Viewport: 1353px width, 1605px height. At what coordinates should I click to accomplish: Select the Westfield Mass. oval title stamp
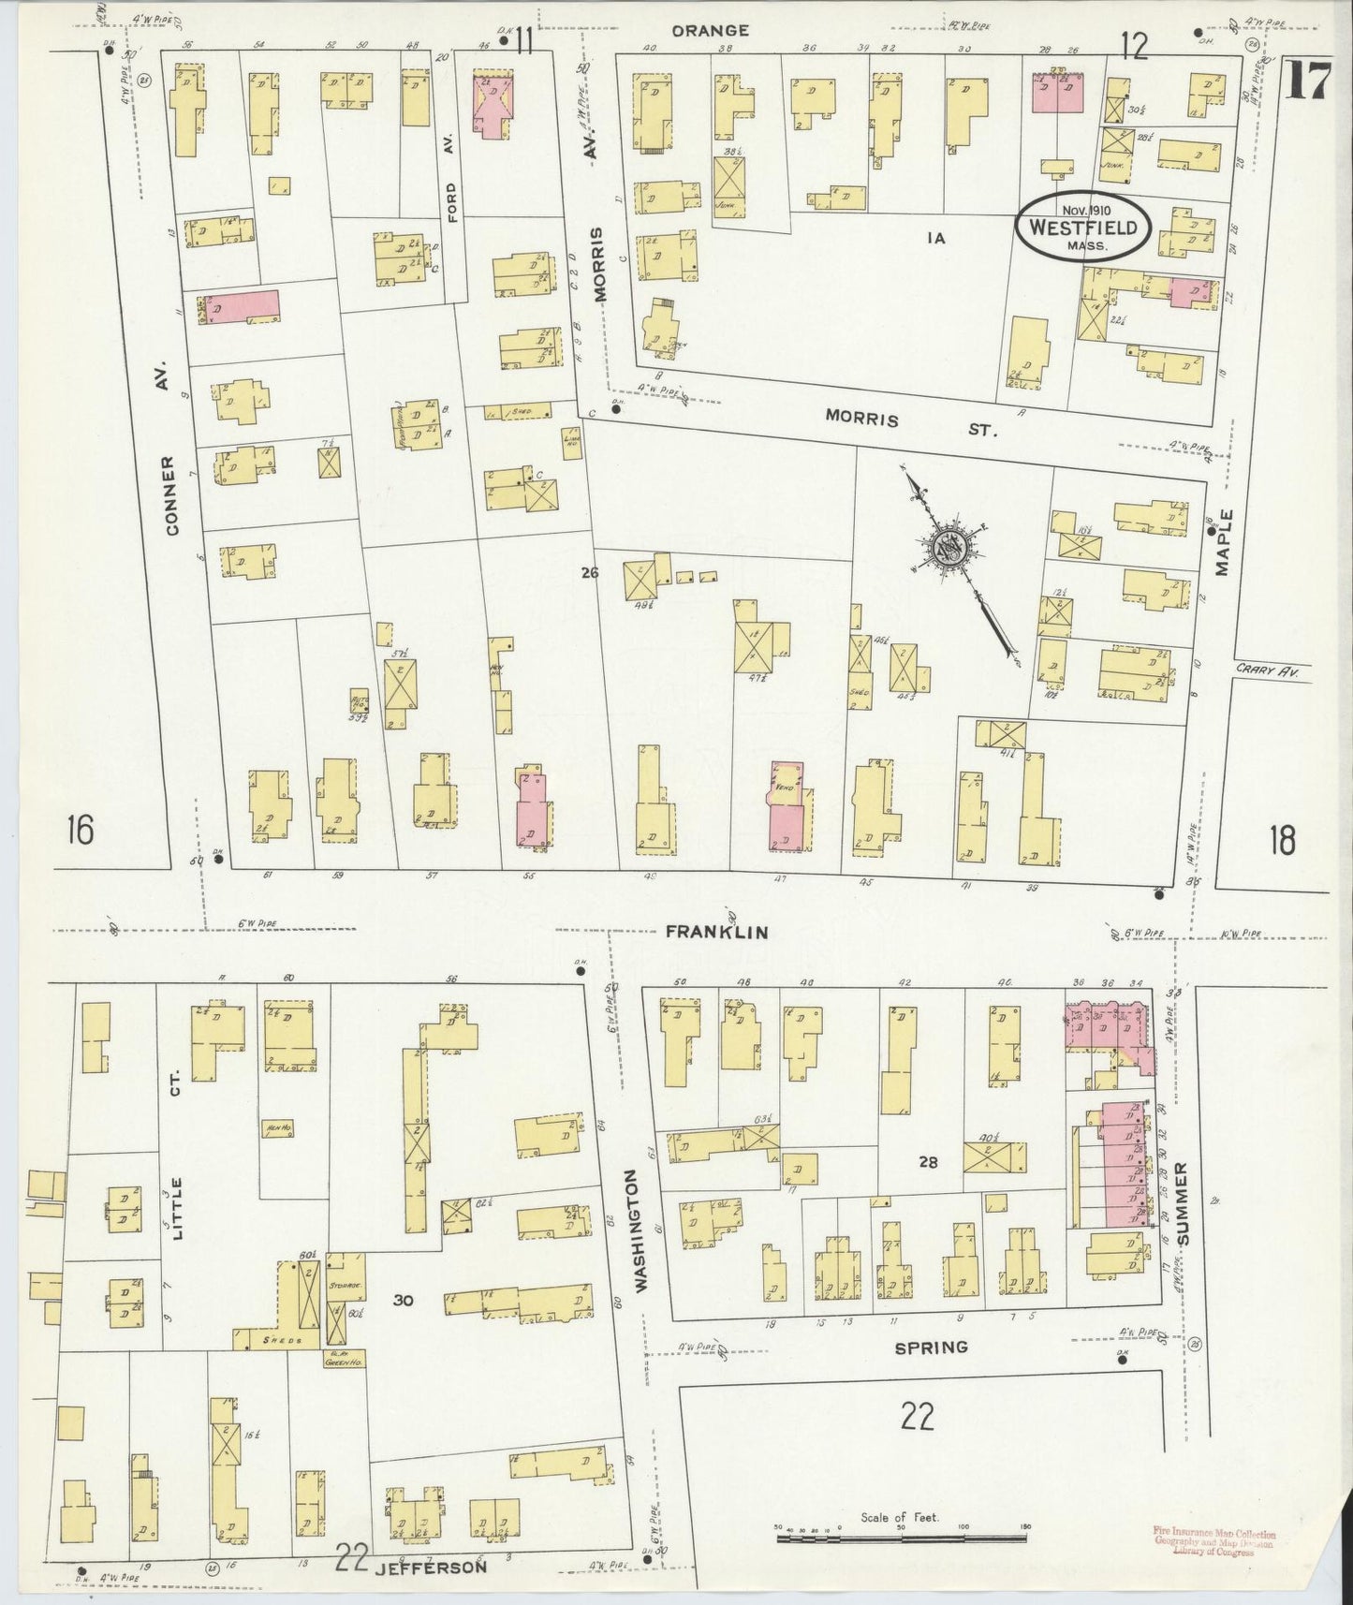1083,226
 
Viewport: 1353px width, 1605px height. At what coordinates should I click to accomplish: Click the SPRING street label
930,1347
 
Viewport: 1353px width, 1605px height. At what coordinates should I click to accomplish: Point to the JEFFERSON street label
434,1566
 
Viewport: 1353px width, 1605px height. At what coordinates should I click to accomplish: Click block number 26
588,573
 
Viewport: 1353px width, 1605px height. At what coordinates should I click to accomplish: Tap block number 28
927,1162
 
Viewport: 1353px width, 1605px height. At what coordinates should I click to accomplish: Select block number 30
403,1300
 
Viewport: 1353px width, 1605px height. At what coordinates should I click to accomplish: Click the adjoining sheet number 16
81,830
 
